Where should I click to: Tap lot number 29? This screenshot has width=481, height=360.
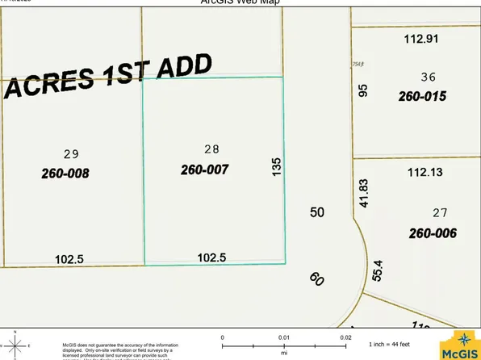click(x=70, y=153)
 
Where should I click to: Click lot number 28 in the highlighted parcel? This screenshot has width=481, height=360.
click(x=212, y=149)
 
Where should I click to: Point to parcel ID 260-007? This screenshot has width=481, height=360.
click(x=205, y=170)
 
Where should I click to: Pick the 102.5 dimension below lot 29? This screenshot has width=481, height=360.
click(x=70, y=259)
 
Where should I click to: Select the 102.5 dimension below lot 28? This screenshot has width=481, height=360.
click(x=214, y=257)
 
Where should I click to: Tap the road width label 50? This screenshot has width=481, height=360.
click(x=317, y=211)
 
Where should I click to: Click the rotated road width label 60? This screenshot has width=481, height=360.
click(x=316, y=279)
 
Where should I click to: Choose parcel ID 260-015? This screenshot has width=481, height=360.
click(x=422, y=96)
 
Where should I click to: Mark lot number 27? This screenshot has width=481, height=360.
click(x=440, y=213)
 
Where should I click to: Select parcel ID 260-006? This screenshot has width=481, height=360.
click(x=433, y=234)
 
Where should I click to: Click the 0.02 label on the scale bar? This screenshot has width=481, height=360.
click(x=345, y=337)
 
